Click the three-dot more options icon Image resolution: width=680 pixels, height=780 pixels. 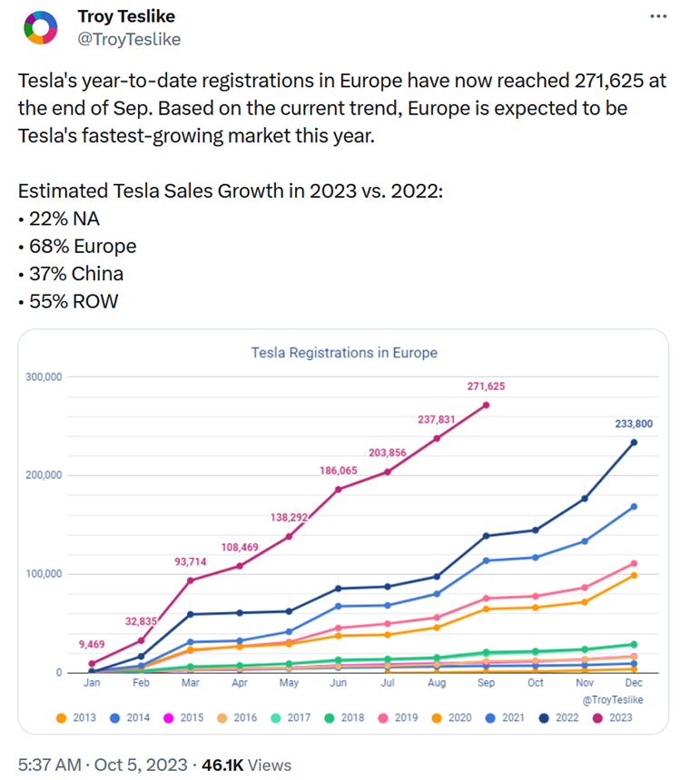click(x=658, y=17)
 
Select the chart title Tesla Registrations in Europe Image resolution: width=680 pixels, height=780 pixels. click(x=344, y=353)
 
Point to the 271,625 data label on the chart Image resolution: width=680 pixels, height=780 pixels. click(x=487, y=386)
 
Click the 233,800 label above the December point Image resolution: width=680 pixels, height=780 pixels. click(x=633, y=423)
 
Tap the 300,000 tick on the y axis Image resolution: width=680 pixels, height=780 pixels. click(x=44, y=376)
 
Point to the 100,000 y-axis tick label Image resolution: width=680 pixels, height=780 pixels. click(x=44, y=574)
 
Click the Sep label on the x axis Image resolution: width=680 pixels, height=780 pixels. click(x=487, y=682)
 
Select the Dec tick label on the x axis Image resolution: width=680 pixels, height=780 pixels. click(x=634, y=682)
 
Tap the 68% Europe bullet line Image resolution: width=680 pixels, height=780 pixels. click(x=77, y=247)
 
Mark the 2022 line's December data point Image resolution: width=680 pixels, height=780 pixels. click(x=634, y=443)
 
